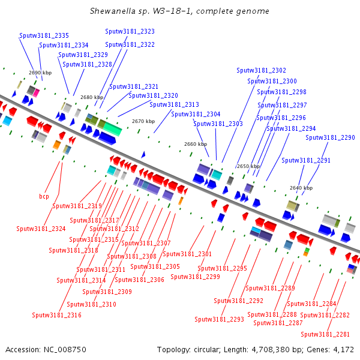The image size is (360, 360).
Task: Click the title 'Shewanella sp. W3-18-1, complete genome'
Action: [179, 11]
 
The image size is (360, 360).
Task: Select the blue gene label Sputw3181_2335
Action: [44, 36]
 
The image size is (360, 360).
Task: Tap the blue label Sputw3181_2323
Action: [130, 31]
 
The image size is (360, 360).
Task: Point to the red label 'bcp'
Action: [44, 196]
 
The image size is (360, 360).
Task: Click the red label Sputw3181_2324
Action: [41, 229]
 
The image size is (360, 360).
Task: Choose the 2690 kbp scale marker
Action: [40, 73]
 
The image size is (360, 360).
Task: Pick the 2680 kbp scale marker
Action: [92, 97]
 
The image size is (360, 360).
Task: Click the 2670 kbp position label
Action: [143, 121]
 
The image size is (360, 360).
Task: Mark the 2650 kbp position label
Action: [248, 166]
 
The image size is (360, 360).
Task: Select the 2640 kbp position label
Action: [301, 188]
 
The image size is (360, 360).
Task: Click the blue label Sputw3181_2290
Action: [330, 137]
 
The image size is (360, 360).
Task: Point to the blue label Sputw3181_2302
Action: [261, 70]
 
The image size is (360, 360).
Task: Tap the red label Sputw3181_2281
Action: [325, 334]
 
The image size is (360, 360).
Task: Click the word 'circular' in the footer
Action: [210, 349]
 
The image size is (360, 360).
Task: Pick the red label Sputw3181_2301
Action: [188, 254]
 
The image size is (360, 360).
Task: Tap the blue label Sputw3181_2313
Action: [174, 104]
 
